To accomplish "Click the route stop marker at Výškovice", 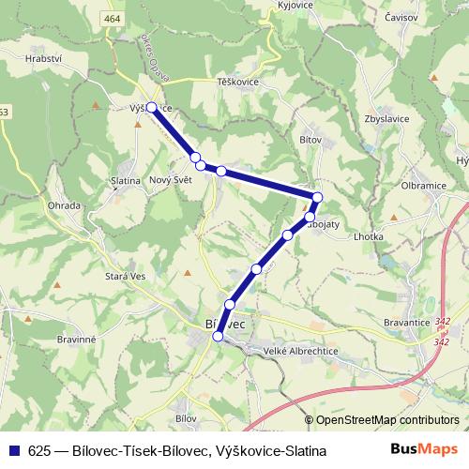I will click(151, 107).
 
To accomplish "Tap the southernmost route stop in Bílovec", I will click(219, 336).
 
